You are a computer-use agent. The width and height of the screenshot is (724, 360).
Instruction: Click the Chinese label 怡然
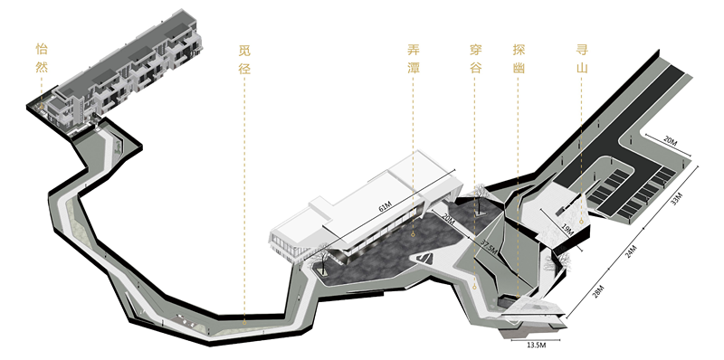(41, 57)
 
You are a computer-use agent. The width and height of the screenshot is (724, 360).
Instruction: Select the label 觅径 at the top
(243, 57)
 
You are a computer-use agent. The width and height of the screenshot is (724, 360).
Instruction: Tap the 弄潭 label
(414, 57)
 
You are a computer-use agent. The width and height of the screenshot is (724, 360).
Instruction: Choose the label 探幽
(519, 57)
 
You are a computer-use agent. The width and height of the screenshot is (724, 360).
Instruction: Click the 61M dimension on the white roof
(388, 207)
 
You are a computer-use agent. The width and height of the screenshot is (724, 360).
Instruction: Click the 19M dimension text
(567, 231)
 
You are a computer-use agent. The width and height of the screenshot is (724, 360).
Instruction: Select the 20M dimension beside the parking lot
(671, 141)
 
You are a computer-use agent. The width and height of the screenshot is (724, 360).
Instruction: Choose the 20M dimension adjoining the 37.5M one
(449, 219)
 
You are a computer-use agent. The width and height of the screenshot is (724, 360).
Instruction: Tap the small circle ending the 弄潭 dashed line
(414, 234)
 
